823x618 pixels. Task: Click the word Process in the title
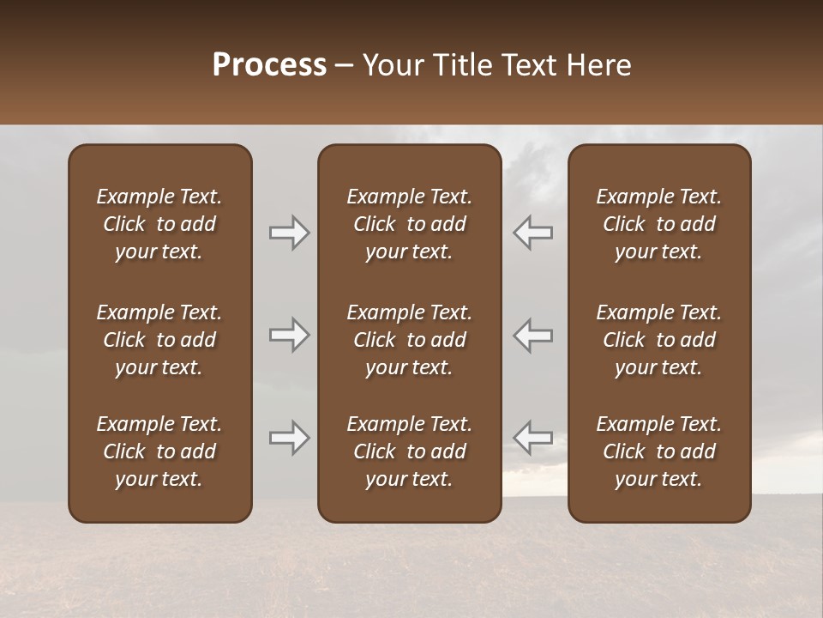coord(269,65)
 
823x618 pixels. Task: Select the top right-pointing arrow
coord(290,233)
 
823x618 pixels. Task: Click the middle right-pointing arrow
coord(290,335)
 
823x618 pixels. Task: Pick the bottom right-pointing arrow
coord(290,438)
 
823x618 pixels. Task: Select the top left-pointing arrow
coord(532,233)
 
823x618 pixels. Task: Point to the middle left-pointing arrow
coord(532,335)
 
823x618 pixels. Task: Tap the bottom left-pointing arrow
coord(532,438)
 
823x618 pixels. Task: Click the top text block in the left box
coord(159,224)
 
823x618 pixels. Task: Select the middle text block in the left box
coord(159,340)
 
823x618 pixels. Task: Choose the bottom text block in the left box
coord(159,451)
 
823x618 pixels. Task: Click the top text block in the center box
coord(409,224)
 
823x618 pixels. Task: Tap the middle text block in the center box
coord(409,340)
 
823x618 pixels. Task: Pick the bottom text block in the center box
coord(409,451)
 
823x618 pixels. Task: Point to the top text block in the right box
coord(659,224)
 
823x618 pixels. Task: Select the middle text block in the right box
coord(659,340)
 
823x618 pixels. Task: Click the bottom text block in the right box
coord(659,451)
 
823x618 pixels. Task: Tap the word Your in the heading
coord(393,65)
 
